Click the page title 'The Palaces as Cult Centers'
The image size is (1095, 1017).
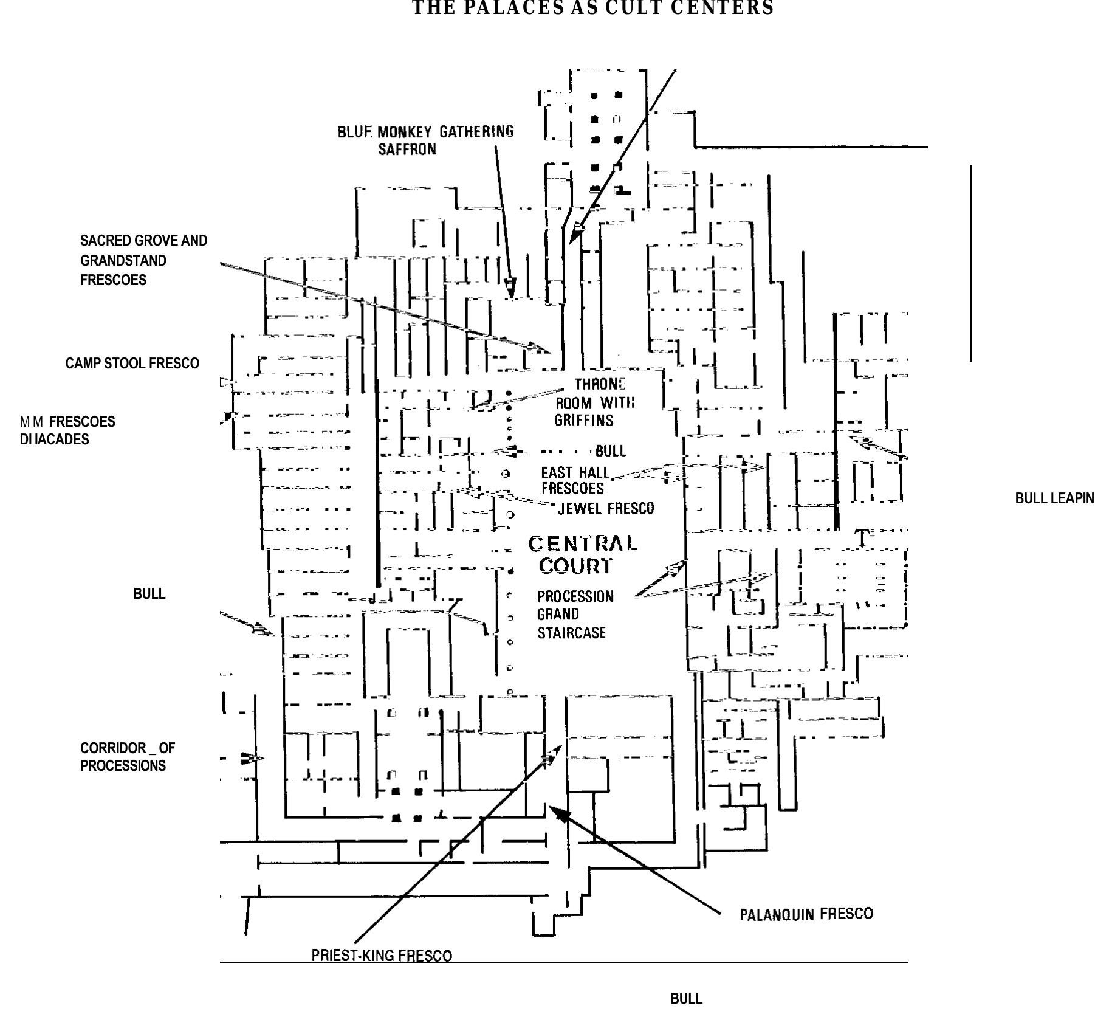point(593,9)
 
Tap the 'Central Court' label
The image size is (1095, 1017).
point(582,554)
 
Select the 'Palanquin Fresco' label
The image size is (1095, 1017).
point(806,914)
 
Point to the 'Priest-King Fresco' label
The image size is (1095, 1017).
point(382,956)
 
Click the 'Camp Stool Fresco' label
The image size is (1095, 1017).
point(132,364)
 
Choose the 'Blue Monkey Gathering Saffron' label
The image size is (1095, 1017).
point(425,140)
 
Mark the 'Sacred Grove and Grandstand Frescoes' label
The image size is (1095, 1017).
point(143,260)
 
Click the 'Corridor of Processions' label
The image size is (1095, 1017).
point(127,757)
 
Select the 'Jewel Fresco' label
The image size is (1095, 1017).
point(606,508)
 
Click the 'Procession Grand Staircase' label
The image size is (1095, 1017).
point(575,615)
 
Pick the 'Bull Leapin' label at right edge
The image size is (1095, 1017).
point(1054,498)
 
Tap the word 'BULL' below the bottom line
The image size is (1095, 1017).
point(686,999)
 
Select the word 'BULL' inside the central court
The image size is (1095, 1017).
point(610,451)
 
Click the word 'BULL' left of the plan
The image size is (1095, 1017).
point(149,594)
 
